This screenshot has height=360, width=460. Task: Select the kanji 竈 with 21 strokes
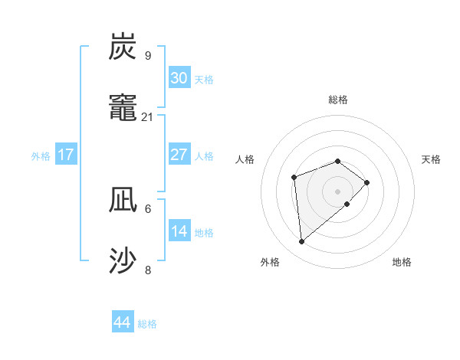123,108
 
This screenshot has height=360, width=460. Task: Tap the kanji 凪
123,200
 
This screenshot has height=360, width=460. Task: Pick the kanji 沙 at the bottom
123,261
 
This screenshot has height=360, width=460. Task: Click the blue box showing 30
179,78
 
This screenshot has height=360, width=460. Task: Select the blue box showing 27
179,155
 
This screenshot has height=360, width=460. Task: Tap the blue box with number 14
179,231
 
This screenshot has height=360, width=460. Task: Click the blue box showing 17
66,155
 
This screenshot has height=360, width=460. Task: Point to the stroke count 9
148,55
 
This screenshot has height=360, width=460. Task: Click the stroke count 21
148,116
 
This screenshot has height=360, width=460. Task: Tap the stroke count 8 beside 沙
148,270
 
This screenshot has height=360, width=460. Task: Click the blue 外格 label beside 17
41,156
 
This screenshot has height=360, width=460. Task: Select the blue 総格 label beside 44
147,324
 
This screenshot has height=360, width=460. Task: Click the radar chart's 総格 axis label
338,100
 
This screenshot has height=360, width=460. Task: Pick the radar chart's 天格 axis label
431,159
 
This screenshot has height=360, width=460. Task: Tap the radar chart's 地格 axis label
402,262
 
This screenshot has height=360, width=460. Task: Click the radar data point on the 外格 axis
302,242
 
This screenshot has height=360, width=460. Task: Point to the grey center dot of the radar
338,191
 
